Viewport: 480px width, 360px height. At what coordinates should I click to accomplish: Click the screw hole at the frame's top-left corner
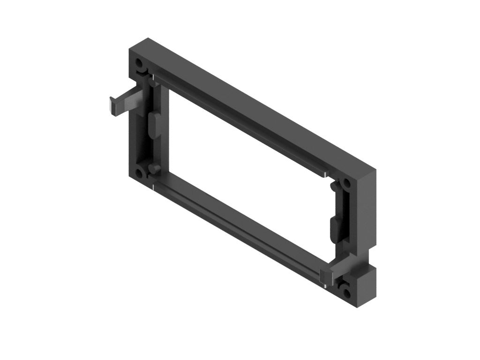click(140, 63)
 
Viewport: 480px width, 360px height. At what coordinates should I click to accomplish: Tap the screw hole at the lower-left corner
click(140, 172)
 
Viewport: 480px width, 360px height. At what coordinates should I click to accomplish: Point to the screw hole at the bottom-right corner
click(347, 293)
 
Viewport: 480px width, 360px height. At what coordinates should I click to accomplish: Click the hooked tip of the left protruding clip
click(112, 105)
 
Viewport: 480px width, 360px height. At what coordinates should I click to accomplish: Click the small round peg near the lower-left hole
click(153, 168)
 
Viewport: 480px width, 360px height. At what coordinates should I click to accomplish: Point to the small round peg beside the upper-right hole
click(334, 187)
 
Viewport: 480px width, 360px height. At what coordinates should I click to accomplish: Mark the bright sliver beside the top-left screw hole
click(152, 75)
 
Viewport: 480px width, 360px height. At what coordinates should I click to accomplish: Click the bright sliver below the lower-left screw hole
click(153, 188)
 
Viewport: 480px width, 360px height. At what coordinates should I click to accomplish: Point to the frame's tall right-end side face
click(368, 211)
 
